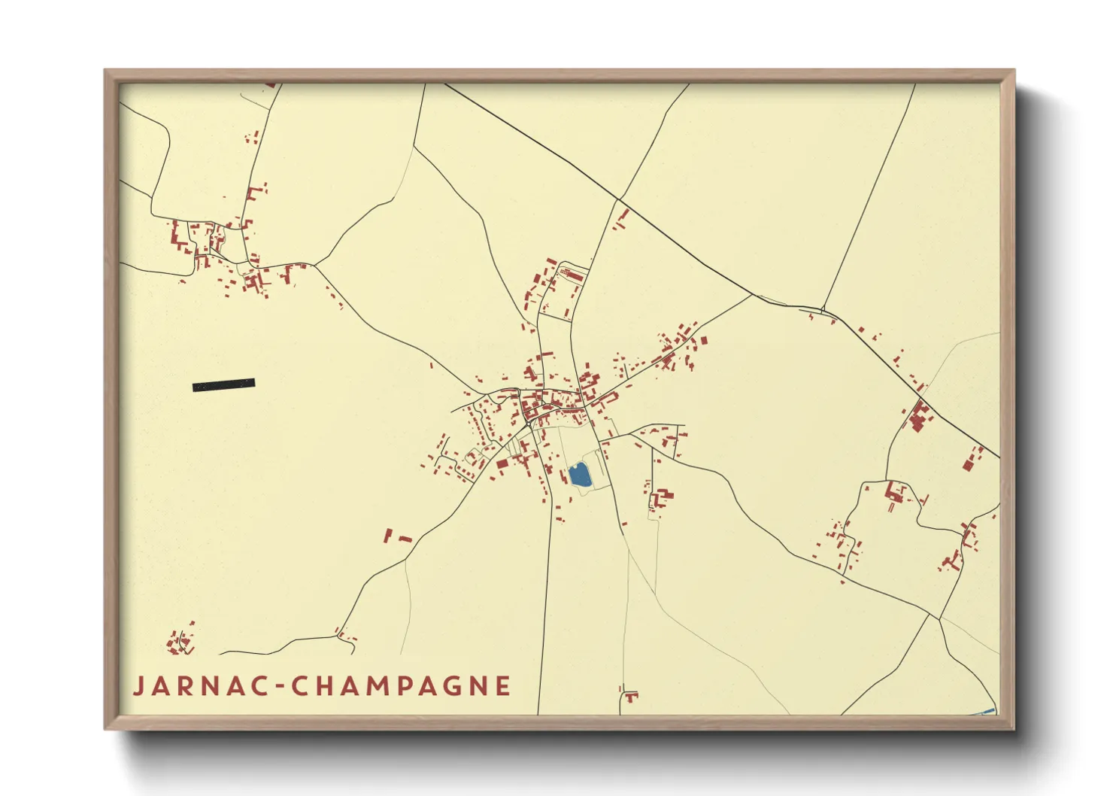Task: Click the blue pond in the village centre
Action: [578, 475]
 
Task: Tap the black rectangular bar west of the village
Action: [223, 385]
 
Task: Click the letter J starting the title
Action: [139, 687]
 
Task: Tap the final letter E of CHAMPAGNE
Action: [503, 686]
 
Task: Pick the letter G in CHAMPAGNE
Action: [446, 686]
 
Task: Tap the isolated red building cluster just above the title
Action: [180, 642]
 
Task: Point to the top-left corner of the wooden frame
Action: [105, 71]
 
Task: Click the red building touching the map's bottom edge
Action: [630, 697]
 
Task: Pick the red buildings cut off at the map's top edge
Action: [270, 86]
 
